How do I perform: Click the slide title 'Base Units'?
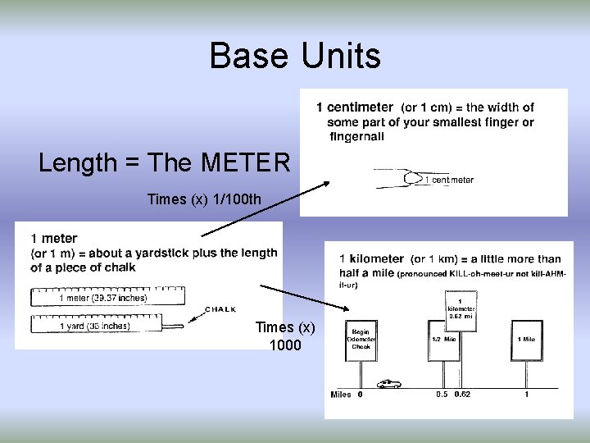pos(295,57)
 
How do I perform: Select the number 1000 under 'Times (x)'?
pos(285,345)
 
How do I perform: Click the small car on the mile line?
pos(388,383)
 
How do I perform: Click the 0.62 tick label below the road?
pos(463,395)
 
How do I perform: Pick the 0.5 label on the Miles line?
pos(442,395)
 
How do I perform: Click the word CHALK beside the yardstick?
pos(220,309)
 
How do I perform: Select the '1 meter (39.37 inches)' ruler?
pos(103,298)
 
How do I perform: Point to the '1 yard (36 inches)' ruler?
pos(94,325)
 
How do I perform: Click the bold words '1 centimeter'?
pos(355,107)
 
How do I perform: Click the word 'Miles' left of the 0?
pos(341,395)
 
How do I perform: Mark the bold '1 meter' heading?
pos(54,239)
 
